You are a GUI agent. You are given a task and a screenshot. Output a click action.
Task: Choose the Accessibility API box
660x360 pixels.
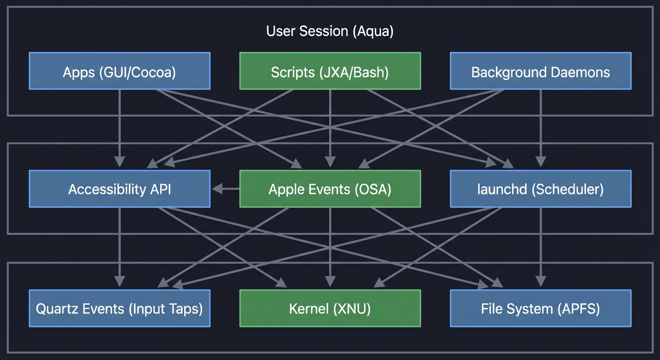120,189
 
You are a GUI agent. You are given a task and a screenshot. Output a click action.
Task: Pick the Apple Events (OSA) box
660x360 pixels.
330,189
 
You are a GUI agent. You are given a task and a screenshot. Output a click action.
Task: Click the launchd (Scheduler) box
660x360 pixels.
540,189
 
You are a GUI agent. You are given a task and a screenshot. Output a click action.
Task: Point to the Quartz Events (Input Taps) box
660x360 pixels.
120,308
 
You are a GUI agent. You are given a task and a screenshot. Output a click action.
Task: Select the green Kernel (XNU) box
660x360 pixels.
330,308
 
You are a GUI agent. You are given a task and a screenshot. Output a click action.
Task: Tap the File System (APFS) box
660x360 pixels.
540,308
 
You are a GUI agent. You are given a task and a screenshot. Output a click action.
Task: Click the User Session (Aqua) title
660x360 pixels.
330,31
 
